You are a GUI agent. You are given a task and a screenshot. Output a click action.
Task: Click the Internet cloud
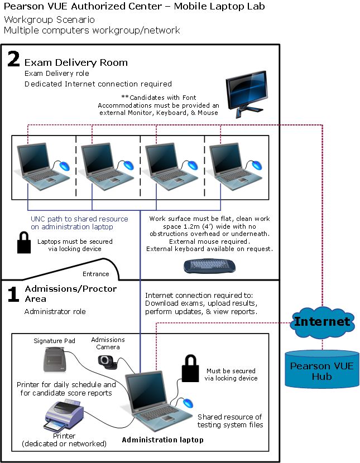(322, 322)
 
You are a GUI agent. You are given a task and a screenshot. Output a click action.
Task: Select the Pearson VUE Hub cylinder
(322, 369)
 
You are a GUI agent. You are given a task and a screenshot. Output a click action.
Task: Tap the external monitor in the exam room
(247, 94)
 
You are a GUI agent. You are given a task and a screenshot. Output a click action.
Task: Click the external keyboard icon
(209, 266)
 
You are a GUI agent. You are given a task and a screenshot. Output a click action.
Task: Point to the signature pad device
(54, 360)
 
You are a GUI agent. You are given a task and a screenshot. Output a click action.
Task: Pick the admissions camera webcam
(108, 361)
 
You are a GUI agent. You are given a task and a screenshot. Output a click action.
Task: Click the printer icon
(64, 416)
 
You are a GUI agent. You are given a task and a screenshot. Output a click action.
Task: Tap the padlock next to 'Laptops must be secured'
(24, 243)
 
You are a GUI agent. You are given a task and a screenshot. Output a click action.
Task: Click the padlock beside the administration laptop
(190, 368)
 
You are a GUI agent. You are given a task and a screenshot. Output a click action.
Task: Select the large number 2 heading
(13, 59)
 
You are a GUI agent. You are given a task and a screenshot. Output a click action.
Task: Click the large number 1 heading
(13, 294)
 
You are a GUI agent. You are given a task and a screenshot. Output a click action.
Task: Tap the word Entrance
(95, 274)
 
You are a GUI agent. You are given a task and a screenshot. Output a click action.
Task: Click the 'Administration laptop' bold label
(163, 440)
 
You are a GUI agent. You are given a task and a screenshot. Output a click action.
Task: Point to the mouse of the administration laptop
(188, 403)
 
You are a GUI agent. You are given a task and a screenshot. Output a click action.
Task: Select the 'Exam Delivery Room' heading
(76, 62)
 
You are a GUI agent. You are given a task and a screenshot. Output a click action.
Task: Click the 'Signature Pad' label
(54, 341)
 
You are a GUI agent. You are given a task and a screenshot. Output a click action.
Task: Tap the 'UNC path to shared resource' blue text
(79, 219)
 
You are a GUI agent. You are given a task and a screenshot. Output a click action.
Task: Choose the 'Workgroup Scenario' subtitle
(49, 20)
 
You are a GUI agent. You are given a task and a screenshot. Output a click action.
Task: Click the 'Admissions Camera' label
(108, 344)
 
